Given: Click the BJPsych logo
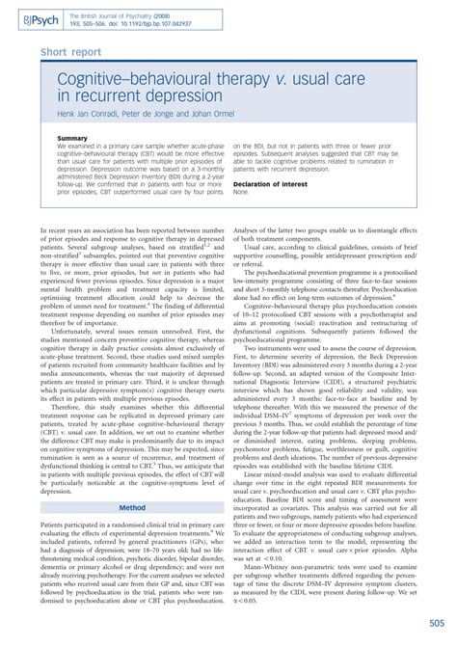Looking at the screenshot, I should (35, 16).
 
